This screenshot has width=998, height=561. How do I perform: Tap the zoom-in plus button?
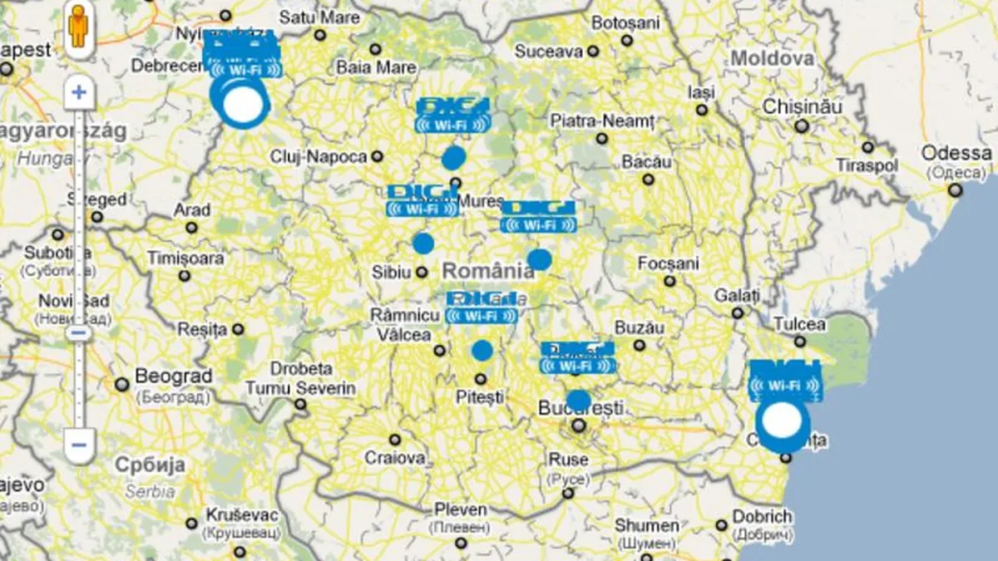[79, 91]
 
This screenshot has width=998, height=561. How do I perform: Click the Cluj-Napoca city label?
[319, 156]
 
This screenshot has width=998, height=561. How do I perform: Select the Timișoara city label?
[185, 258]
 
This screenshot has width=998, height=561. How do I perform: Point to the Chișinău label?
[803, 106]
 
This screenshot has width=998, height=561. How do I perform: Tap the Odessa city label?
[956, 154]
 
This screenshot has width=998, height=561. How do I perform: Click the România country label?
[488, 270]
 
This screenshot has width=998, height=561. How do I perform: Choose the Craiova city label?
[395, 457]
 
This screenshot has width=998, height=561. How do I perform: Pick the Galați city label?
[737, 296]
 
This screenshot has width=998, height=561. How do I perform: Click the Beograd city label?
[173, 376]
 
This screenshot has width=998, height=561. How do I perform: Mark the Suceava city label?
[548, 52]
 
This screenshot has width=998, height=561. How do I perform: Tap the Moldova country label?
[772, 58]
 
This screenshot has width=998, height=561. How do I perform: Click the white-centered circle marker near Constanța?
[782, 421]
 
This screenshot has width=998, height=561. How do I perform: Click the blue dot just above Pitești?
[482, 351]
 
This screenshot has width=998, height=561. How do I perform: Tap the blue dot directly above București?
[579, 401]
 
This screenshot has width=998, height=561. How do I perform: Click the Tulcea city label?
[799, 324]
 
